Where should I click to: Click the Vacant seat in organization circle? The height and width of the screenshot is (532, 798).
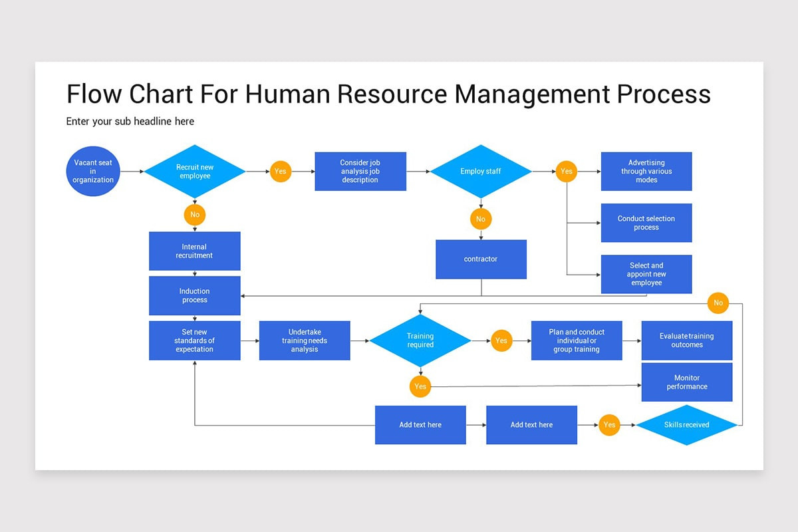click(x=93, y=172)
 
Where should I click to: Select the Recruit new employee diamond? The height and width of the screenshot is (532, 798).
click(x=195, y=172)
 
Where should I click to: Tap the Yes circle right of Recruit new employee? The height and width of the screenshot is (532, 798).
click(x=280, y=172)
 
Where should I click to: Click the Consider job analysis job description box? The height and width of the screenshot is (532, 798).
click(x=360, y=172)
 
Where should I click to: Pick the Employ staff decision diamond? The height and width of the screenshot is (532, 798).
click(x=481, y=172)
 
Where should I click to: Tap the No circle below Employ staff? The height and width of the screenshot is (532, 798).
click(x=481, y=219)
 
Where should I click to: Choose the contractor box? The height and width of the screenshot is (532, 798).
click(x=481, y=259)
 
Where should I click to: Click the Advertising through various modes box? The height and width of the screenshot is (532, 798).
click(x=646, y=172)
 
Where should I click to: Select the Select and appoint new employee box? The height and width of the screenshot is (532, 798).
click(x=646, y=274)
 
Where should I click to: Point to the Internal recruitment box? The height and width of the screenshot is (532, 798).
click(x=194, y=251)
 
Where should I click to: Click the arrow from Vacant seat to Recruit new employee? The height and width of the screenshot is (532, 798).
click(x=132, y=172)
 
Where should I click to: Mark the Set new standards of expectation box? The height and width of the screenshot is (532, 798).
click(x=194, y=340)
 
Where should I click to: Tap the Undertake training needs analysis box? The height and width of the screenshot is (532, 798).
click(x=305, y=340)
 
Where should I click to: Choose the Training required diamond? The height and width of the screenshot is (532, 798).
click(x=420, y=340)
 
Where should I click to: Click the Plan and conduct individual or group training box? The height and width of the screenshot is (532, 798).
click(x=577, y=340)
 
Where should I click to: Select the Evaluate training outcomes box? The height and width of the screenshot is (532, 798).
click(x=686, y=340)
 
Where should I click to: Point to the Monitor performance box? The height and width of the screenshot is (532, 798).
click(x=686, y=382)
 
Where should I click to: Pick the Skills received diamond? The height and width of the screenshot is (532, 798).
click(x=686, y=425)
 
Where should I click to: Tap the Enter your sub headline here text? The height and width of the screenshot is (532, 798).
click(x=130, y=122)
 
